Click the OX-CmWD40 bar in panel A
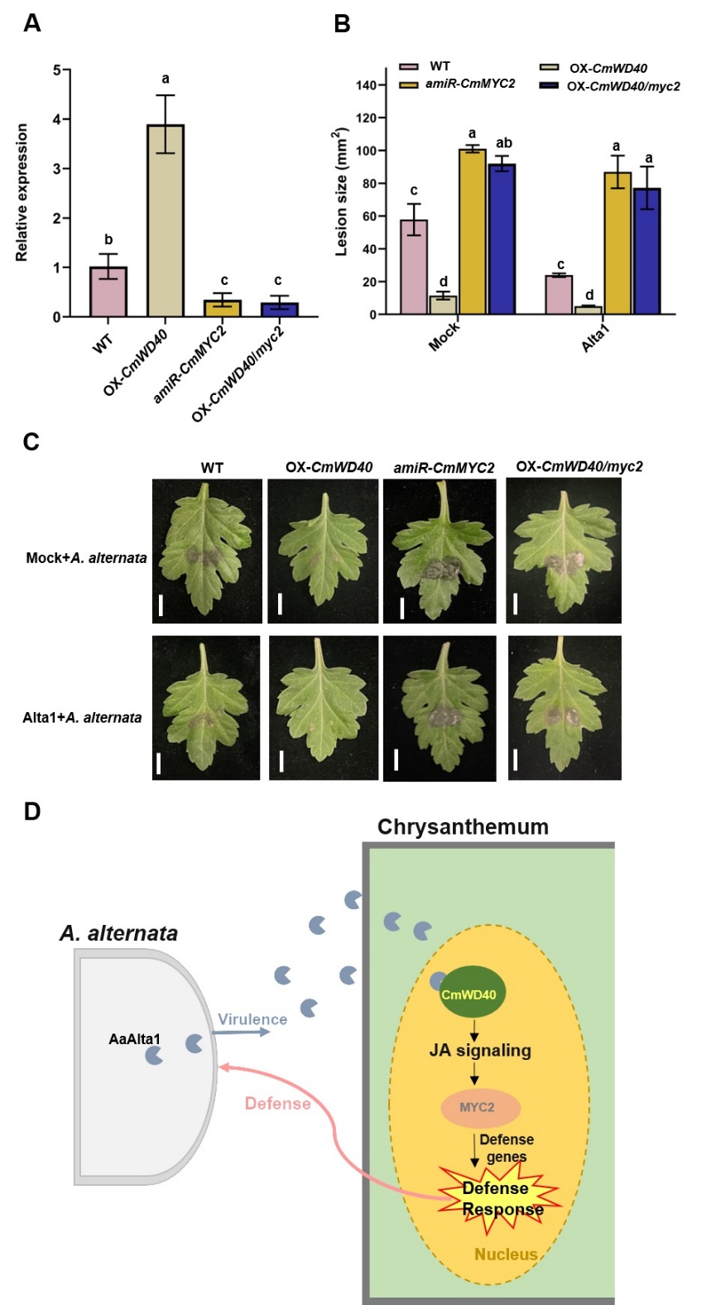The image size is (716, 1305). [166, 221]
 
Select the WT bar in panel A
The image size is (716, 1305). [108, 291]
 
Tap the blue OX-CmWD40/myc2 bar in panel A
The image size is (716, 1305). [279, 310]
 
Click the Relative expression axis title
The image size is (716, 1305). [22, 193]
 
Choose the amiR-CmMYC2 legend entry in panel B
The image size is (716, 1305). [469, 84]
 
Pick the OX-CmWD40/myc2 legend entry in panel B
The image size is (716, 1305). [622, 86]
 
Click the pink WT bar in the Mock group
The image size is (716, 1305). [414, 267]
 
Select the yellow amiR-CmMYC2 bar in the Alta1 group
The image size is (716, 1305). [617, 243]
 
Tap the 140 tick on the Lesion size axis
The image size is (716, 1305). [367, 85]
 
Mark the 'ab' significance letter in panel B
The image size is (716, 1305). [503, 143]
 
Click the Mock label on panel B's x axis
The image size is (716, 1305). [444, 336]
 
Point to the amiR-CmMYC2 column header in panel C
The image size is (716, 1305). [444, 468]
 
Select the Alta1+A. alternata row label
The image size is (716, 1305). [82, 717]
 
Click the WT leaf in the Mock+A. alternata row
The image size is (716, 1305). [206, 551]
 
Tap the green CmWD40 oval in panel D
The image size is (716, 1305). [469, 994]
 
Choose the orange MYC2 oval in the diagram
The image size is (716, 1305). [478, 1108]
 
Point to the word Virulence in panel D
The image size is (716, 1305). [252, 1019]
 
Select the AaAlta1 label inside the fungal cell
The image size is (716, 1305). [135, 1038]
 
